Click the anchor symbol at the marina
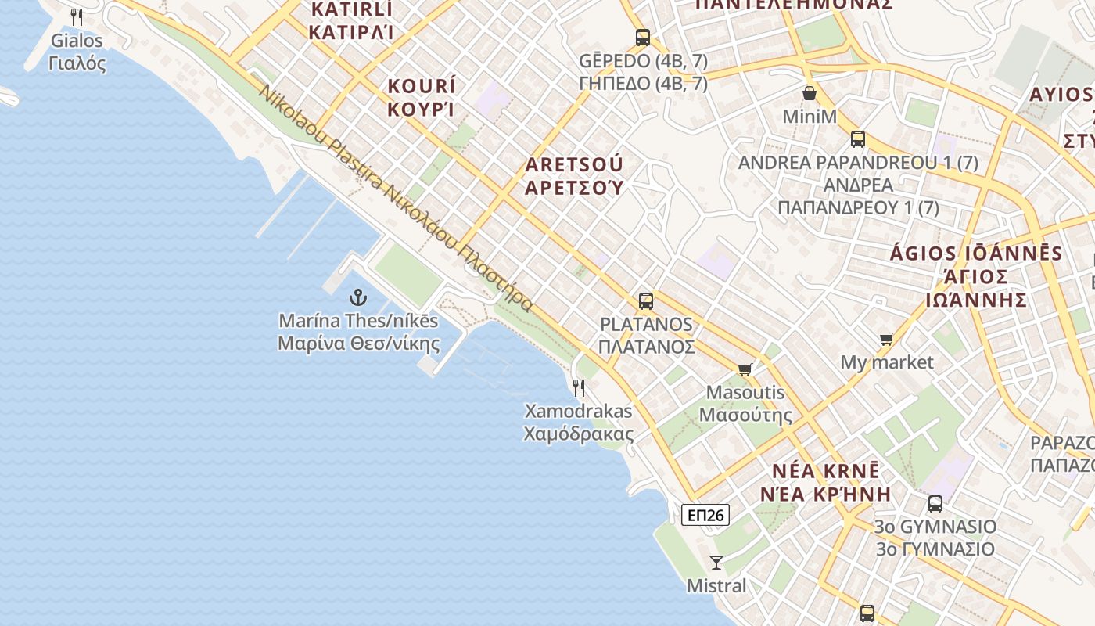coord(357,297)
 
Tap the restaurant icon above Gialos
coord(77,17)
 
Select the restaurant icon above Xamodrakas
coord(579,387)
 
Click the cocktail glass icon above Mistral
coord(716,562)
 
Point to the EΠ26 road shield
coord(705,515)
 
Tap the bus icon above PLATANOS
coord(646,301)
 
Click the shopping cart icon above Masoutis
coord(745,369)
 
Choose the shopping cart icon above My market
coord(886,340)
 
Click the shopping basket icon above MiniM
coord(810,94)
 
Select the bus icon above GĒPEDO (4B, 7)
coord(643,38)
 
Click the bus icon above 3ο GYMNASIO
coord(935,504)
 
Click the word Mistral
coord(716,585)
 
